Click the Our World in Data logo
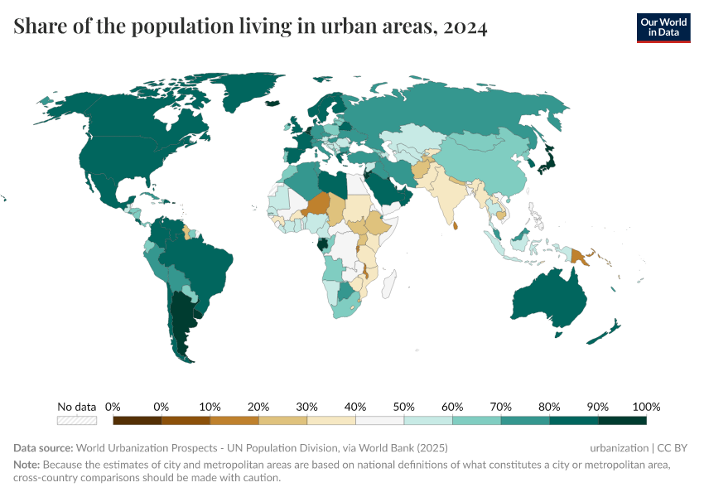[663, 27]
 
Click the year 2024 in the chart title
[465, 27]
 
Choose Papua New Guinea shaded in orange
[577, 256]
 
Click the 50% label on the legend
[404, 407]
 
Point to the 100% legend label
[646, 407]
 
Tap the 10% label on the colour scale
[210, 407]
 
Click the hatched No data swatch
[76, 420]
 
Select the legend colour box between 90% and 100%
[622, 420]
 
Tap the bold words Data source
[43, 447]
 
